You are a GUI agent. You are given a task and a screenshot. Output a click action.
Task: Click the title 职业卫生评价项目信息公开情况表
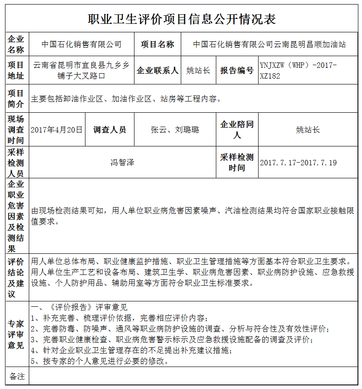(181, 19)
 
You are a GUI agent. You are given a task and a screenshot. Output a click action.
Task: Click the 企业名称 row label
(16, 44)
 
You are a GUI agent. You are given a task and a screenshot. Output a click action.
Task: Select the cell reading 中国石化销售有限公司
(81, 44)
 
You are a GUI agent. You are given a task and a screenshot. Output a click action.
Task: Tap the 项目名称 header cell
(157, 44)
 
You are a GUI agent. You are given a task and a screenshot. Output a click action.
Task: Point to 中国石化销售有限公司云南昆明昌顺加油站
(269, 44)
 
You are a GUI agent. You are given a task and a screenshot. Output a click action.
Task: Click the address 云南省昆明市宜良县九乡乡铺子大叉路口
(81, 71)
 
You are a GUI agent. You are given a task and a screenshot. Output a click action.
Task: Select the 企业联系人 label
(157, 71)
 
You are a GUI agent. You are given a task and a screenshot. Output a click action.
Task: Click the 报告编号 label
(237, 71)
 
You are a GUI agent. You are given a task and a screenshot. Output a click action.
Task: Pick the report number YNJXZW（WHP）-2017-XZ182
(298, 71)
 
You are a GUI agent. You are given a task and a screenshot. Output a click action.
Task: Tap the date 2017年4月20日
(57, 130)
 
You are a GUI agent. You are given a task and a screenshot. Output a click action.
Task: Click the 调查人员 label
(110, 130)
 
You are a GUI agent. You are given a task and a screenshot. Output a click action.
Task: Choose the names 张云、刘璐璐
(175, 130)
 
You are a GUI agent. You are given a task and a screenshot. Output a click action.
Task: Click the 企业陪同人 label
(237, 130)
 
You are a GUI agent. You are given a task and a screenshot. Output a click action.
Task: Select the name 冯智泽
(122, 163)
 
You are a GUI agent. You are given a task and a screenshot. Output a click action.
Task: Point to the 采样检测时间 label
(237, 163)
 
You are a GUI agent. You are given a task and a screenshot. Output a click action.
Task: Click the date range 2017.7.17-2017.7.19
(298, 163)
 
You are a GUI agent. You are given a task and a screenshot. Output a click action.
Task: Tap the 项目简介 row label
(16, 99)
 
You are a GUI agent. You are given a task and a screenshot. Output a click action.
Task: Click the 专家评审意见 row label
(16, 334)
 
